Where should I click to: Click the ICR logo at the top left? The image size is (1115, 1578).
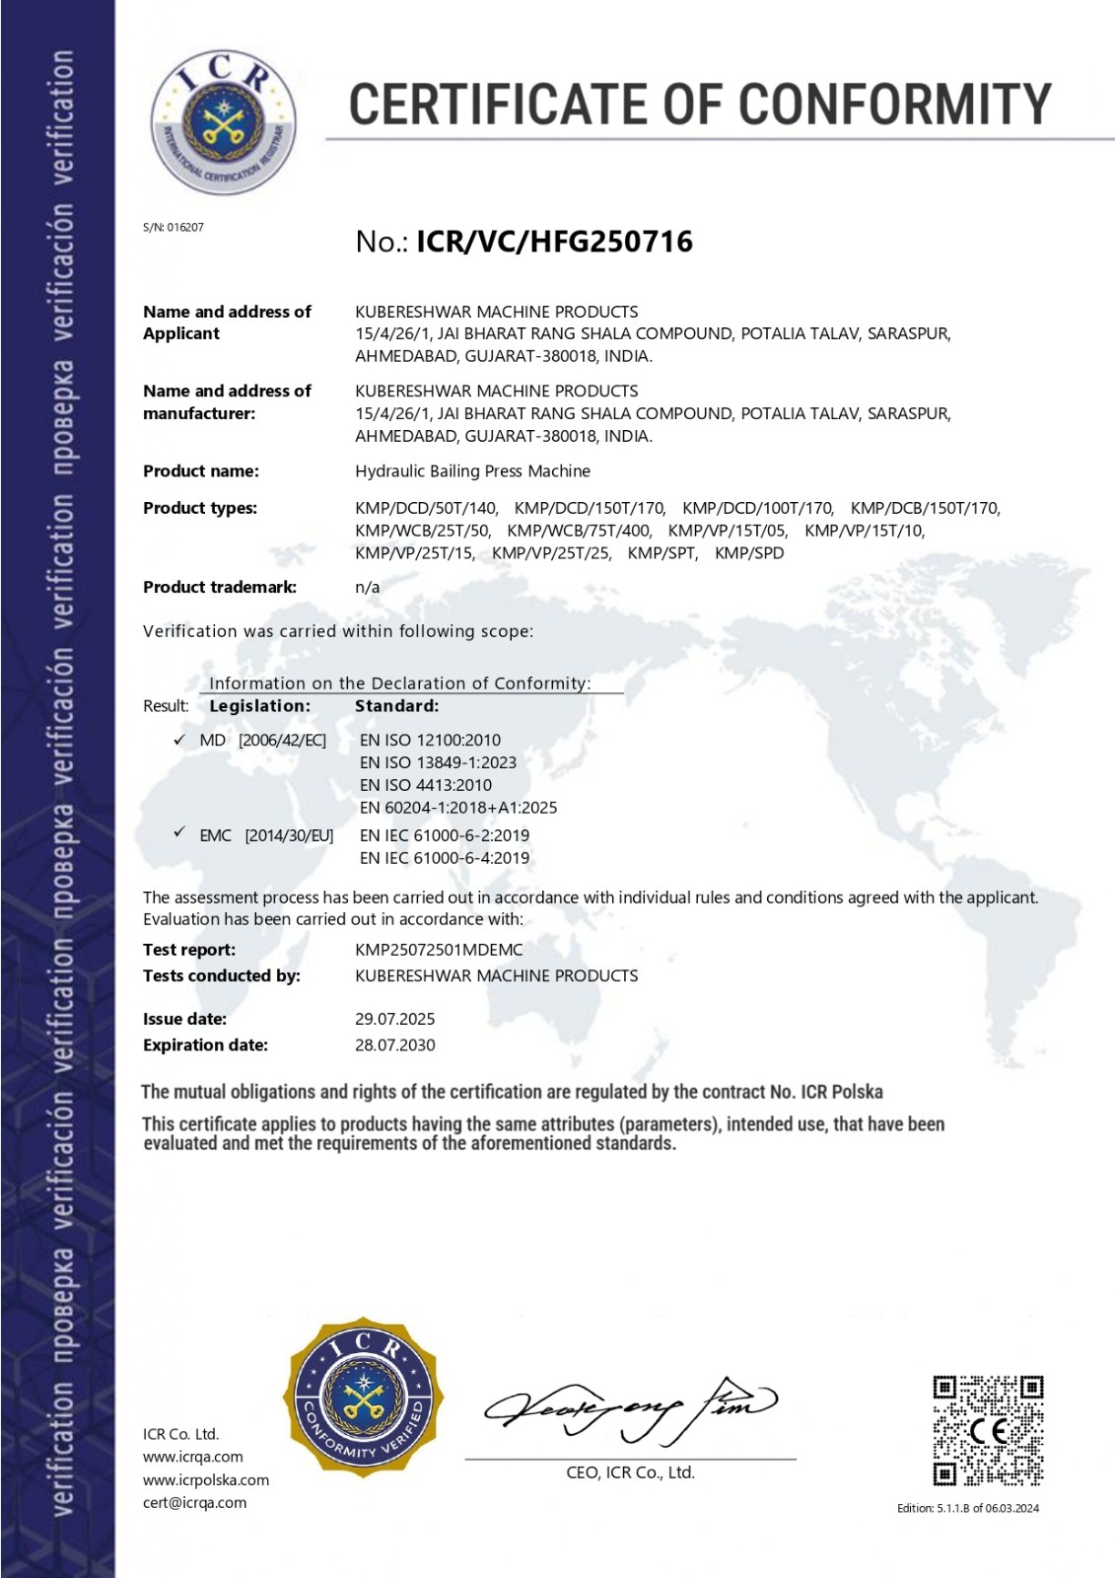coord(223,122)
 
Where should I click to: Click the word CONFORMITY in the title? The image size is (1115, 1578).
coord(895,105)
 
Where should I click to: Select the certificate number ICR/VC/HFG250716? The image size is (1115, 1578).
coord(555,242)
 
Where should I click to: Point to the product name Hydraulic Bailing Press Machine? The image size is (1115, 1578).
coord(472,471)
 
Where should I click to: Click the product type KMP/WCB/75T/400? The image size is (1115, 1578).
coord(579,531)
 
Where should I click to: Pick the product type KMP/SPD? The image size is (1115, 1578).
coord(749,553)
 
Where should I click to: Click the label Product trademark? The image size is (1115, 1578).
coord(220,587)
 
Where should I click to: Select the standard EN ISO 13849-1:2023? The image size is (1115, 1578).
coord(438,762)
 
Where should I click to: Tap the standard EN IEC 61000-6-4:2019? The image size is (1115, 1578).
coord(445,858)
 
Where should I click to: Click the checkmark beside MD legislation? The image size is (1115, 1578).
coord(179,740)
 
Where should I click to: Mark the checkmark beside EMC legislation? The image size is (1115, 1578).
coord(179,833)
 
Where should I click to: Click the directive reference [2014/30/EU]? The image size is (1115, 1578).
coord(289,836)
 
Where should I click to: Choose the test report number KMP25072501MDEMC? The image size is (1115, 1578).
coord(439,950)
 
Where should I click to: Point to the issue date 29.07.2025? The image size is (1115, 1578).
coord(394,1019)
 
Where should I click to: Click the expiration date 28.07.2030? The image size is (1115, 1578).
coord(394,1045)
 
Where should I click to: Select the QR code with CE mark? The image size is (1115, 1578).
coord(988,1431)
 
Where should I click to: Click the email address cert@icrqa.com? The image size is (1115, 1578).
coord(194,1503)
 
